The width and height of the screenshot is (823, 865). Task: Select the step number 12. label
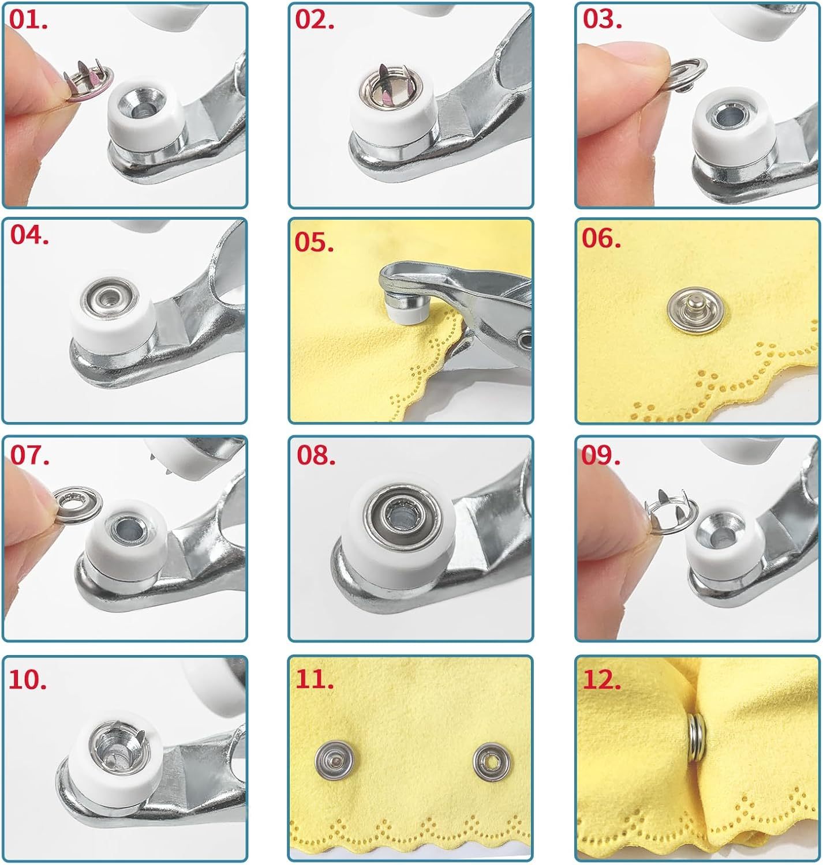(603, 680)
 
